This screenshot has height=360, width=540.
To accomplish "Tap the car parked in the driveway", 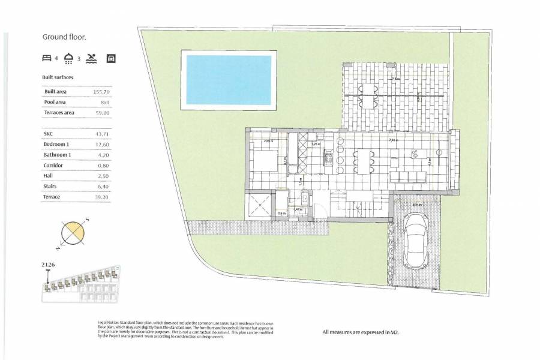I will [x=415, y=239].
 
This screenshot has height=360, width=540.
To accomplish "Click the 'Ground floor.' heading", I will [x=64, y=37].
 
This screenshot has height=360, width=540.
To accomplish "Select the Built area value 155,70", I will [x=101, y=92].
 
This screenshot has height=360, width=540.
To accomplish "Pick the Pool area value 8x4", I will [x=101, y=103].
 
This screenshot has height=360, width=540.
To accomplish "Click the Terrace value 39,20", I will [x=101, y=197].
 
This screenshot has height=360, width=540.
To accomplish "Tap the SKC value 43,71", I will [x=101, y=134].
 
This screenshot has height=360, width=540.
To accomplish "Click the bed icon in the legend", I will [x=47, y=58].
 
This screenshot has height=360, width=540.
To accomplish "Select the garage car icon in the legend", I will [x=110, y=58].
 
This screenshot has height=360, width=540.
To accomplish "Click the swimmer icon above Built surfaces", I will [x=91, y=58].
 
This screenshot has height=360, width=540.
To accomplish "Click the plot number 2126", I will [x=49, y=264].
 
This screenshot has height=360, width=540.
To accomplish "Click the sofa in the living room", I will [x=408, y=177].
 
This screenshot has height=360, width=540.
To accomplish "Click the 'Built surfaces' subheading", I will [x=58, y=77].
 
